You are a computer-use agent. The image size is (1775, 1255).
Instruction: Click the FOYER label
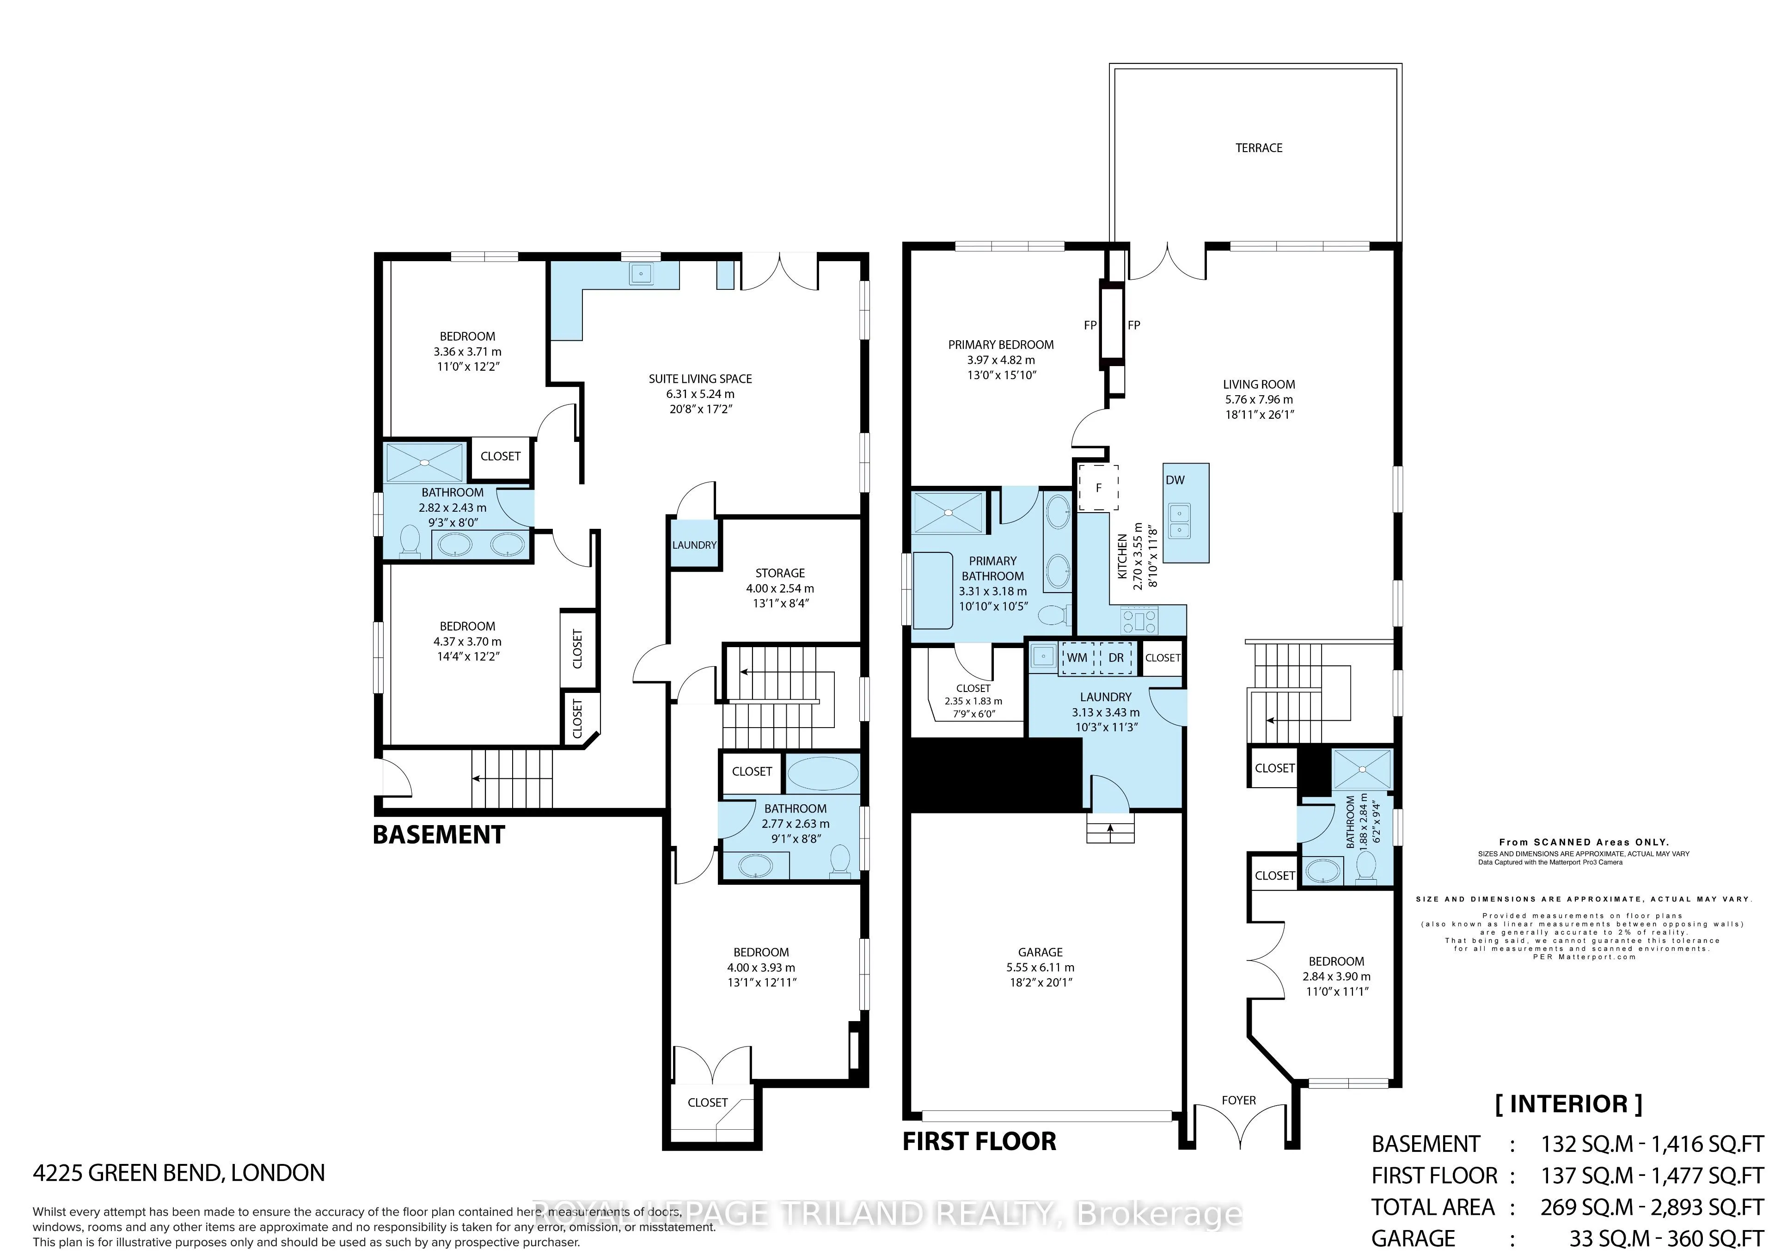click(1238, 1100)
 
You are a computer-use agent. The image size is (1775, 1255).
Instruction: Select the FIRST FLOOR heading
click(979, 1141)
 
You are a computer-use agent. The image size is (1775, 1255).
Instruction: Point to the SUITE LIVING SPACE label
click(700, 379)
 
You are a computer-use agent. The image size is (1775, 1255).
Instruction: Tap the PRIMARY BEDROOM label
click(1000, 345)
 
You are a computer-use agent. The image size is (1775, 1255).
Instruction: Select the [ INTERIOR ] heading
click(1568, 1103)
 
